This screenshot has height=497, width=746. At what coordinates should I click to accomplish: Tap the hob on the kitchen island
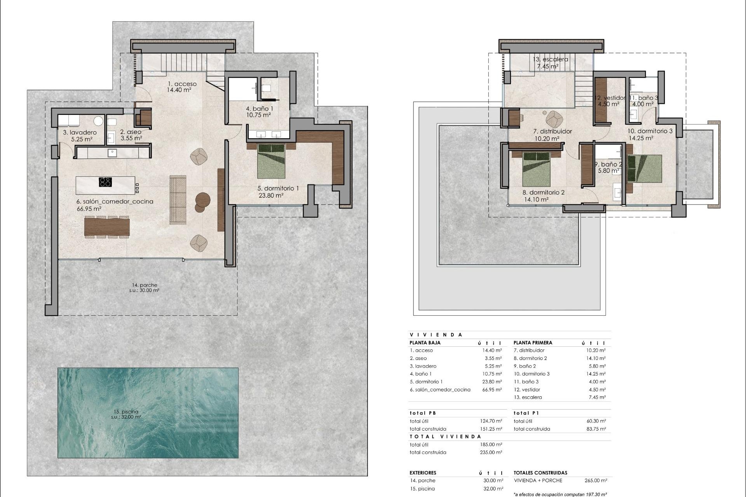(106, 182)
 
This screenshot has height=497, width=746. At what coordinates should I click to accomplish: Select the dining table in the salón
(107, 227)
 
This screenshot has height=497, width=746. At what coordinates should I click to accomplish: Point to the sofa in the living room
(178, 200)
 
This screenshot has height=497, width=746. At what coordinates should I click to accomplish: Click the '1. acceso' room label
(182, 84)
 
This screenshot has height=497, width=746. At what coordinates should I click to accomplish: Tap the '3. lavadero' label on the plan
(80, 132)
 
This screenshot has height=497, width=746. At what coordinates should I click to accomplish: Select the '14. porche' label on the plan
(144, 285)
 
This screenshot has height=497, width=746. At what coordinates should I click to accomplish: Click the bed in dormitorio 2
(537, 169)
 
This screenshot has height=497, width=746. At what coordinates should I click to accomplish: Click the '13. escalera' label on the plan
(550, 59)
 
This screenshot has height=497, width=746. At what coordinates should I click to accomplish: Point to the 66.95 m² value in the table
(492, 389)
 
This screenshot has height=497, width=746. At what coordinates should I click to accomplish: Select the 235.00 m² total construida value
(491, 452)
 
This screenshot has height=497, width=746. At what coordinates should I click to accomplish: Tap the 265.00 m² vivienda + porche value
(596, 480)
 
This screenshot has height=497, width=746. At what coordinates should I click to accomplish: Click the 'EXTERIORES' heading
(423, 473)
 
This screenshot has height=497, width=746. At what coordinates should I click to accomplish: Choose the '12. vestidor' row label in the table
(527, 389)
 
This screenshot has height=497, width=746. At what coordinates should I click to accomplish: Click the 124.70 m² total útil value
(491, 421)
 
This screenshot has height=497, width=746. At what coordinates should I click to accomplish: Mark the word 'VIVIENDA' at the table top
(436, 335)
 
